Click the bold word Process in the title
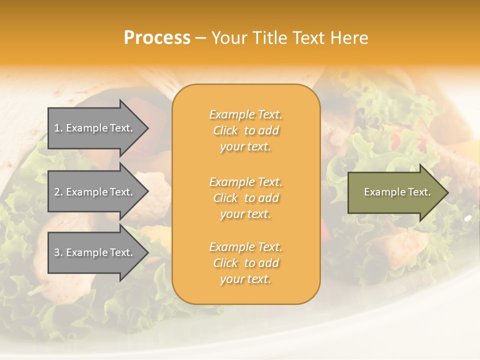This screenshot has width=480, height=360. (157, 38)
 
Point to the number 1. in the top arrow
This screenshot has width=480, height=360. (58, 128)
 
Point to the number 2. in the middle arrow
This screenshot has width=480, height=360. (58, 192)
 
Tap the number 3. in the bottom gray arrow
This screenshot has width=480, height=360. (58, 252)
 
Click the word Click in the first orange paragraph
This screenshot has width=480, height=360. (225, 130)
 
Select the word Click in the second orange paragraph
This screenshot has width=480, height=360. (225, 198)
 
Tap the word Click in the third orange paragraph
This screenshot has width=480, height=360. (225, 263)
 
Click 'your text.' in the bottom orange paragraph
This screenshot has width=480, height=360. (245, 279)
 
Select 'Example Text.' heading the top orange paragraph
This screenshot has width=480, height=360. (245, 114)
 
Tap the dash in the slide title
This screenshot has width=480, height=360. (200, 38)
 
